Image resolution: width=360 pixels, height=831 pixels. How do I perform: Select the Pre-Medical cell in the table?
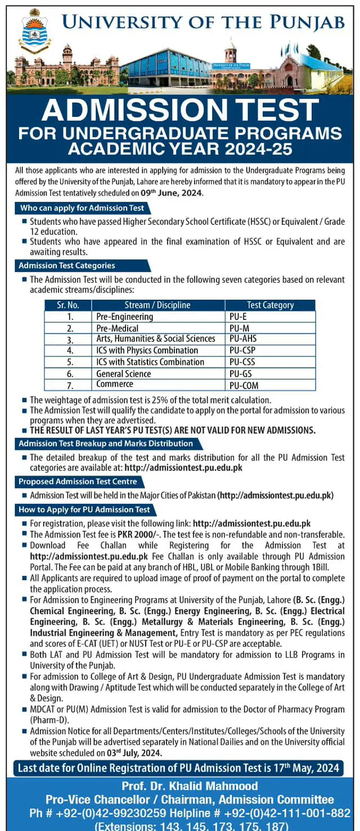point(117,328)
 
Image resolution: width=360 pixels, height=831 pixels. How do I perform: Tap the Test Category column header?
point(270,305)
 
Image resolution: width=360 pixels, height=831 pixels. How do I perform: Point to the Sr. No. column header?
point(68,305)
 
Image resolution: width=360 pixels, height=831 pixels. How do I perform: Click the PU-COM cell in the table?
point(244,385)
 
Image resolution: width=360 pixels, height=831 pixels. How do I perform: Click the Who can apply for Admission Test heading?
point(82,208)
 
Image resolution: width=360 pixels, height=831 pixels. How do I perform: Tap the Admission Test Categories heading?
point(67,265)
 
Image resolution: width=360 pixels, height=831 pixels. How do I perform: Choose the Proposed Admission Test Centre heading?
point(78,482)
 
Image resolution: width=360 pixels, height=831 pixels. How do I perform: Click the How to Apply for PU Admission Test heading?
point(84,509)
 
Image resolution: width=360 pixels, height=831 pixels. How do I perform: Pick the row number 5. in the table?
point(70,362)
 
